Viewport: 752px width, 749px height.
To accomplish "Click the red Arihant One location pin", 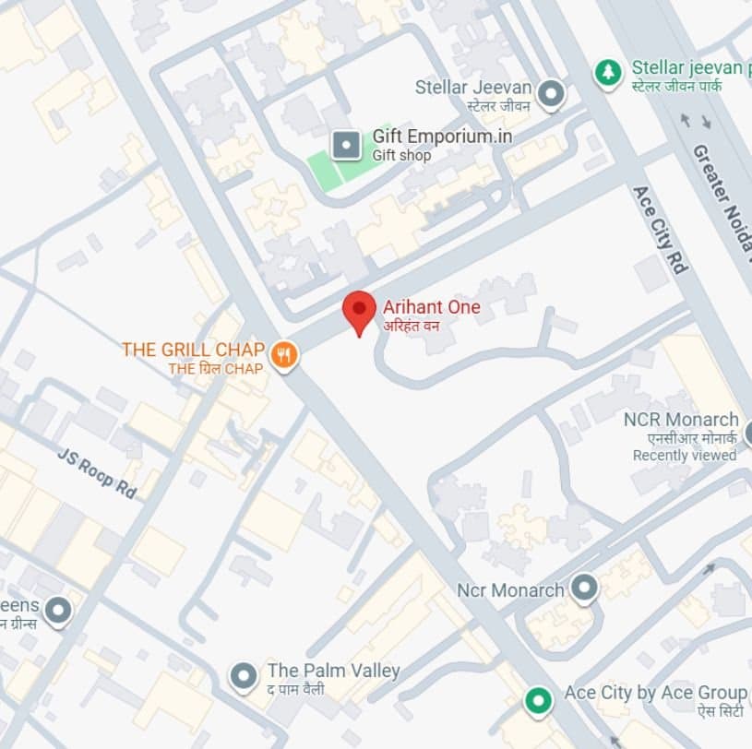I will [x=359, y=311].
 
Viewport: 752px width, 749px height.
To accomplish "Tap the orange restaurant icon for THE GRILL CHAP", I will [x=284, y=354].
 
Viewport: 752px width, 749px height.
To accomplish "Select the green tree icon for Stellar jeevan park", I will [x=608, y=72].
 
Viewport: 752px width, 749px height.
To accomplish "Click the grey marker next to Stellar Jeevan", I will [x=551, y=92].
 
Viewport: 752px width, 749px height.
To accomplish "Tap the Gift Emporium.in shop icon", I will [x=346, y=144].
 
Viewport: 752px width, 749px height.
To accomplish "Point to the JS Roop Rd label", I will [x=96, y=473].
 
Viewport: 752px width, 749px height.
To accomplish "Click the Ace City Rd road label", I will [x=661, y=229].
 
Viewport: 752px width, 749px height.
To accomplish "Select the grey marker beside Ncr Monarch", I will [x=583, y=588].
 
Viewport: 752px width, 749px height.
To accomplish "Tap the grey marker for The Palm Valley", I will [x=243, y=677].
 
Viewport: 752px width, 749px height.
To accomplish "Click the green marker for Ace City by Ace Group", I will [x=537, y=701].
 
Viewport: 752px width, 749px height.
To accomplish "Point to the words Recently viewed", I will [x=684, y=455].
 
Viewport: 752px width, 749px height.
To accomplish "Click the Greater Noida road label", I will [x=721, y=197].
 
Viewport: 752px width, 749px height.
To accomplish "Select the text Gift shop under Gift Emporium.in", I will [x=401, y=156].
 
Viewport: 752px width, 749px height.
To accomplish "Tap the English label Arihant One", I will [x=432, y=307].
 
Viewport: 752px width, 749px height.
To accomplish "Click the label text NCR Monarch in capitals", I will [x=681, y=420].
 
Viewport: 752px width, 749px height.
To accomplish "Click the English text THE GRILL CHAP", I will [x=193, y=350].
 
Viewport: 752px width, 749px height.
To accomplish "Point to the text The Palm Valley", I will [x=333, y=671].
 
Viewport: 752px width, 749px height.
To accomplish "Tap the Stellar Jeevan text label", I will [x=473, y=88].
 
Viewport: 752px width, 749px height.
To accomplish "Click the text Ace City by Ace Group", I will [x=655, y=692].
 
